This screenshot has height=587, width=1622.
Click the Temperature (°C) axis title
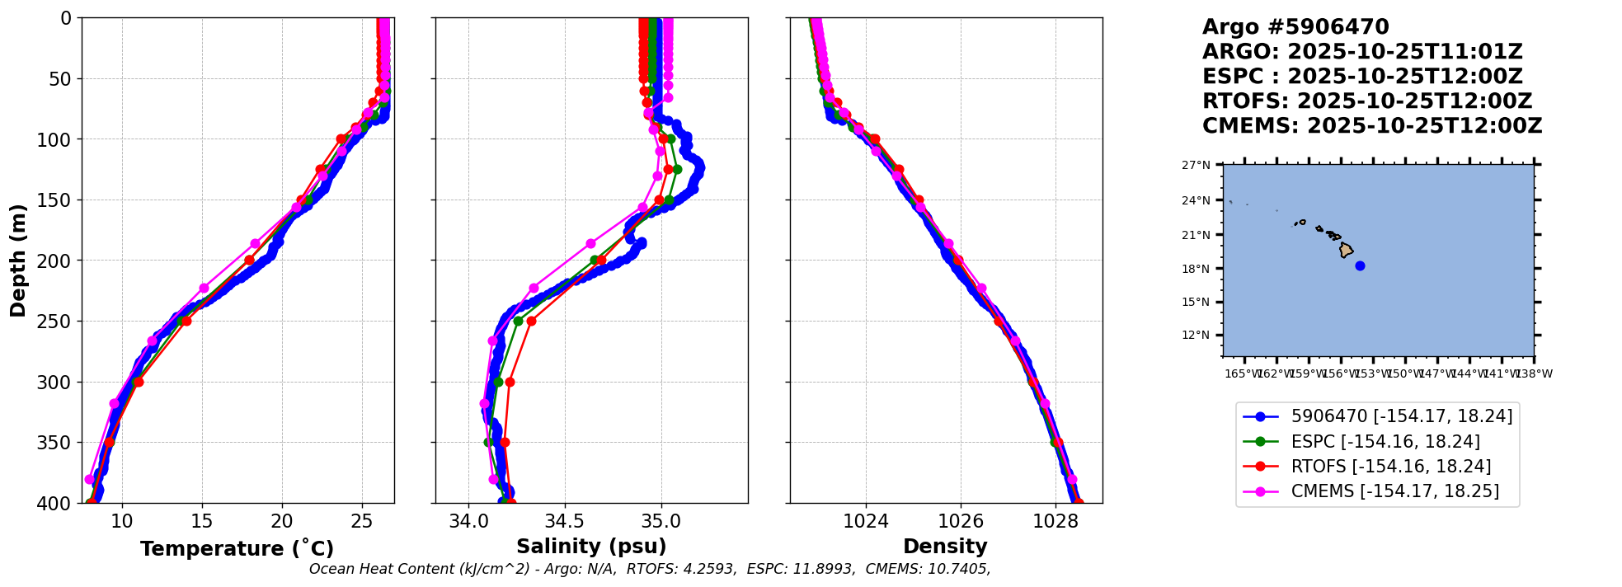[x=237, y=548]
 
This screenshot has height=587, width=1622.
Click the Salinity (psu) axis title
[x=591, y=547]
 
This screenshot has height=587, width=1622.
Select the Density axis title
[x=945, y=547]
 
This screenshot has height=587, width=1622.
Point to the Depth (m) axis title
[x=18, y=261]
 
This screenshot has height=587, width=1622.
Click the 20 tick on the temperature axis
[x=282, y=521]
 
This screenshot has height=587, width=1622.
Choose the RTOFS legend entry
[x=1390, y=467]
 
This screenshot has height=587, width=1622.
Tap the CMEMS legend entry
[x=1394, y=491]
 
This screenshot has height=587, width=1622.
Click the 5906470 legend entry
[x=1401, y=417]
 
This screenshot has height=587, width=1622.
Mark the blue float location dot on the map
[x=1360, y=265]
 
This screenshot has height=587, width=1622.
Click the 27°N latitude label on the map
[x=1197, y=166]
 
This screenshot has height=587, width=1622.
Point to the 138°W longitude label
[x=1535, y=374]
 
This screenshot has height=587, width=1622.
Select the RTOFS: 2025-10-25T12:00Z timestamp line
[x=1366, y=101]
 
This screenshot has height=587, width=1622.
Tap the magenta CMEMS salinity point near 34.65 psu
[x=590, y=243]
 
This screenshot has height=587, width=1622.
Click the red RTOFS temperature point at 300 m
[x=139, y=382]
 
